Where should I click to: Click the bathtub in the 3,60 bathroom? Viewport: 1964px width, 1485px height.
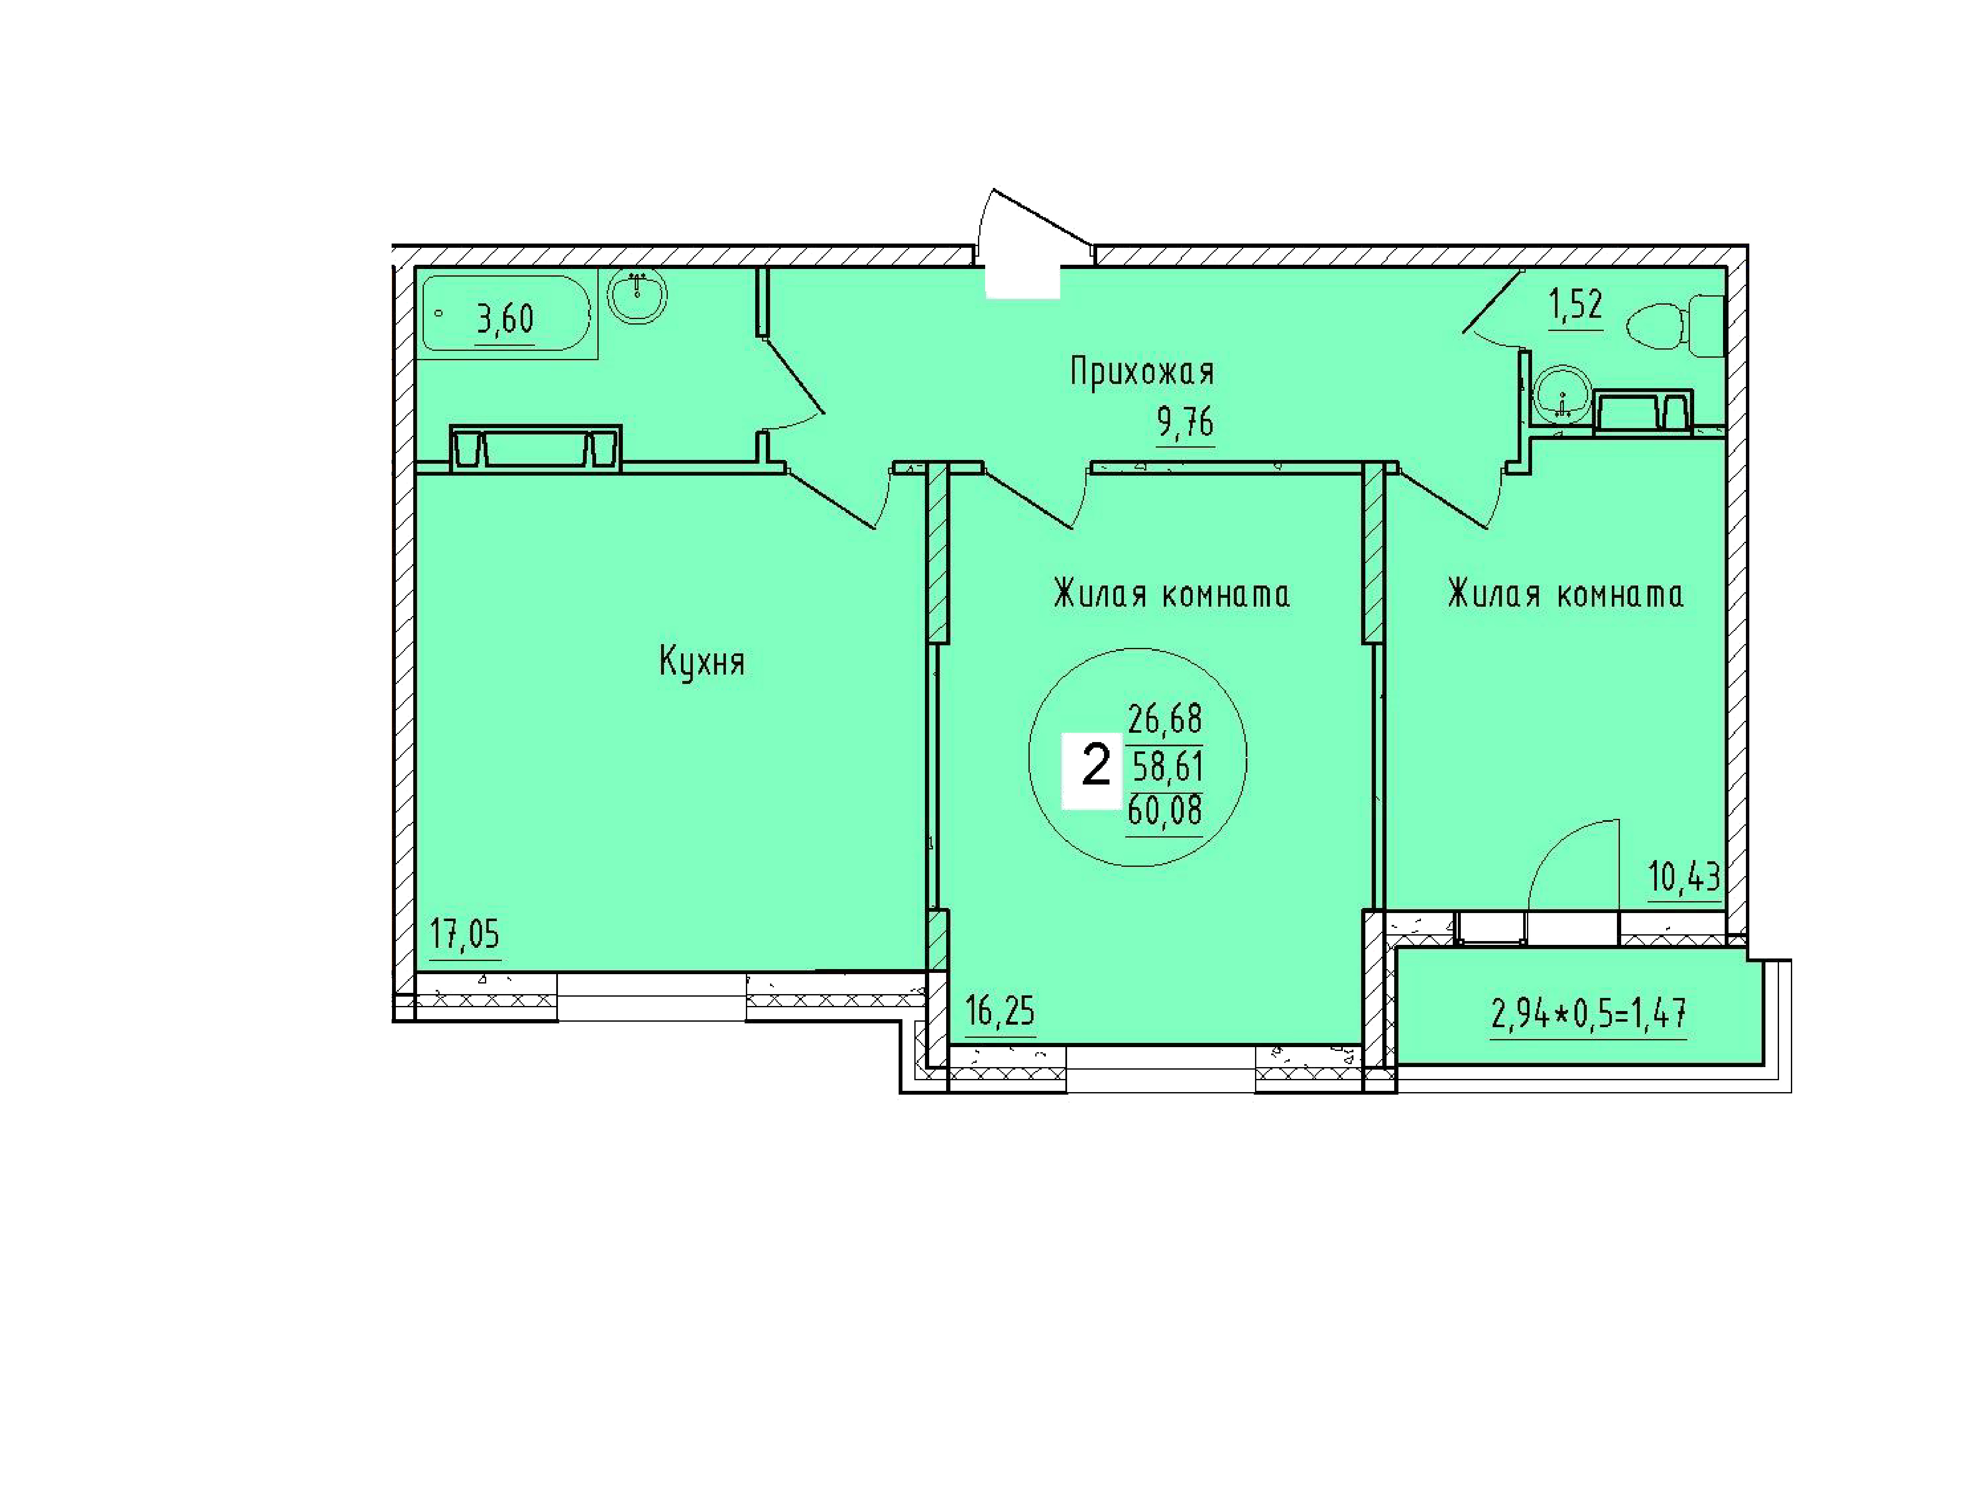click(506, 314)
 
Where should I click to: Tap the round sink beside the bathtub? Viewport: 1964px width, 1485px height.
click(636, 296)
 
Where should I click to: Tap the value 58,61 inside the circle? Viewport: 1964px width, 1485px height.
click(1167, 765)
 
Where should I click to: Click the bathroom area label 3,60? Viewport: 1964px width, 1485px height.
click(505, 318)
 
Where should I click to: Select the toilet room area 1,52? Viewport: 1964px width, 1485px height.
click(1576, 305)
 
